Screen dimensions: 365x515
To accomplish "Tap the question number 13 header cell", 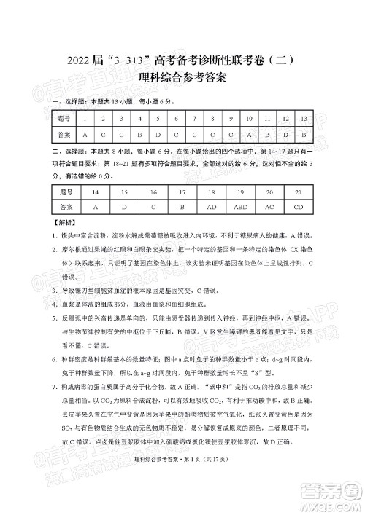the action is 304,118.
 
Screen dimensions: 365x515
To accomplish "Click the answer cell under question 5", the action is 158,135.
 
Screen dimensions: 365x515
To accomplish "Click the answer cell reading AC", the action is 269,207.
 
